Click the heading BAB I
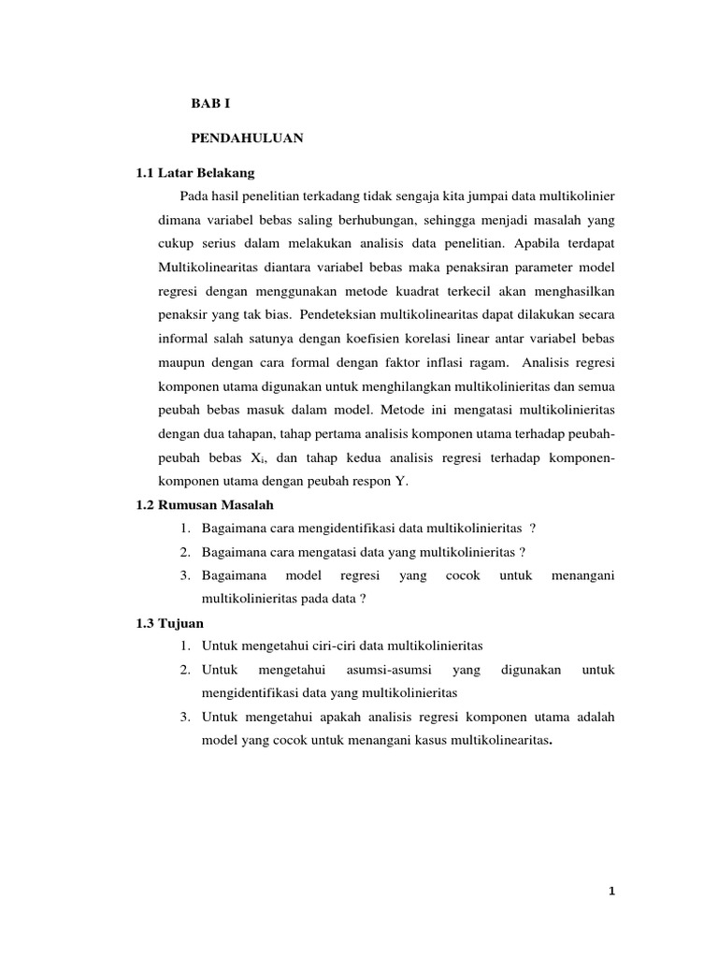coord(210,104)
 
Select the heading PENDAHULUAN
coord(247,138)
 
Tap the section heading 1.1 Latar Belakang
coord(194,173)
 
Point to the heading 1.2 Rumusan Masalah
coord(205,504)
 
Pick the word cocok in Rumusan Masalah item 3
coord(462,575)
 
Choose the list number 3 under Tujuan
coord(186,718)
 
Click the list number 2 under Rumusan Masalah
coord(186,552)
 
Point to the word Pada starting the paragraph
coord(196,196)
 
